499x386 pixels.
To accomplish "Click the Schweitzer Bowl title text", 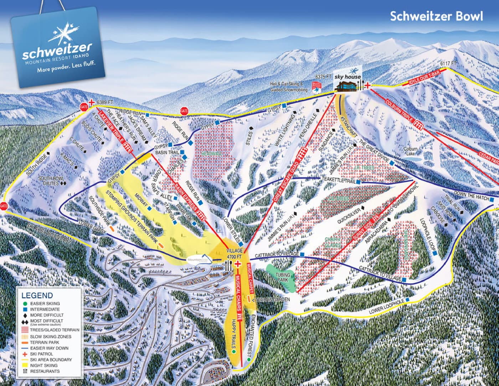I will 436,16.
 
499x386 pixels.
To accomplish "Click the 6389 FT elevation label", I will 104,102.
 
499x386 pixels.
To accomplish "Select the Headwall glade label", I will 211,153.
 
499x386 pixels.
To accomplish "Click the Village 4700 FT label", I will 234,253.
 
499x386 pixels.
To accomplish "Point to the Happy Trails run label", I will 234,334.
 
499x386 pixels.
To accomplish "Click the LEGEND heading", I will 37,295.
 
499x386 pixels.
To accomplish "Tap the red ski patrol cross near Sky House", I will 367,85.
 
